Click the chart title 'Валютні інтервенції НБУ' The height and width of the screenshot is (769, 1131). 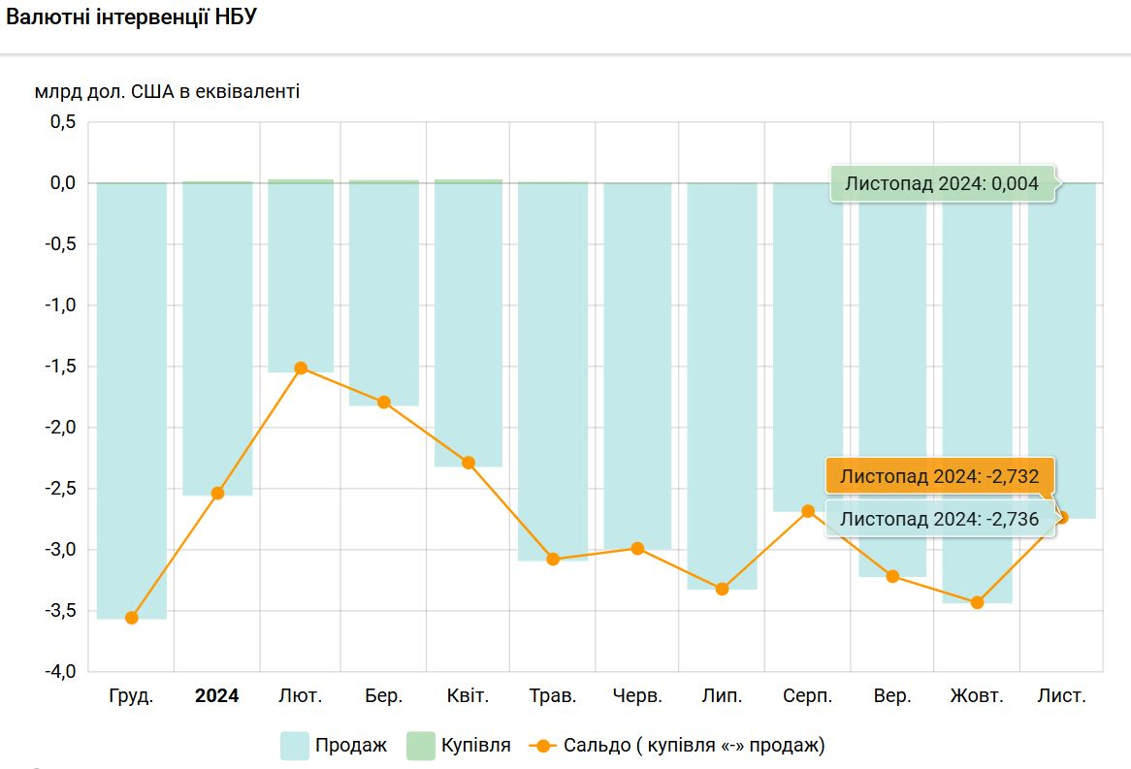(x=132, y=18)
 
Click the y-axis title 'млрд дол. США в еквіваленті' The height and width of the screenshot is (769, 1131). (x=167, y=92)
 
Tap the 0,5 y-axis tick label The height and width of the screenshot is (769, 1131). (x=62, y=122)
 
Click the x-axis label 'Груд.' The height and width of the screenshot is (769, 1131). (x=131, y=696)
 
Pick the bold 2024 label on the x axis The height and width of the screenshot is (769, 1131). (x=216, y=696)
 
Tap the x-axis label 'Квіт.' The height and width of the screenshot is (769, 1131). (x=468, y=696)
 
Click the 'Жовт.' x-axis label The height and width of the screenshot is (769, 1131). (x=977, y=696)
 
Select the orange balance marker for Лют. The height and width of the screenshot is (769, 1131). (x=301, y=368)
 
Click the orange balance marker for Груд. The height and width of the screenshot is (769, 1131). (x=132, y=618)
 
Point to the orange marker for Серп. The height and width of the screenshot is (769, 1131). (x=808, y=511)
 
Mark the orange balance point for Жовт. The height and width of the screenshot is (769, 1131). (x=977, y=602)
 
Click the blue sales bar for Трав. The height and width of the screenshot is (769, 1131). (x=553, y=368)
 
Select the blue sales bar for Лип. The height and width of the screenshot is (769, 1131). (x=722, y=388)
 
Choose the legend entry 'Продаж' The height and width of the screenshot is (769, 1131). (x=334, y=746)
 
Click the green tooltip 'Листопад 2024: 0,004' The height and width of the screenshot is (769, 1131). (x=942, y=183)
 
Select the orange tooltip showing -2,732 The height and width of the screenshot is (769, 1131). (x=939, y=476)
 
